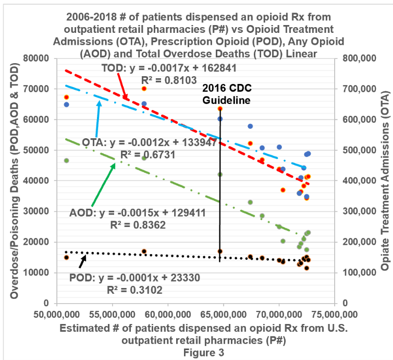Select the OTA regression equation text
153,142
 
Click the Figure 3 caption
204,352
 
